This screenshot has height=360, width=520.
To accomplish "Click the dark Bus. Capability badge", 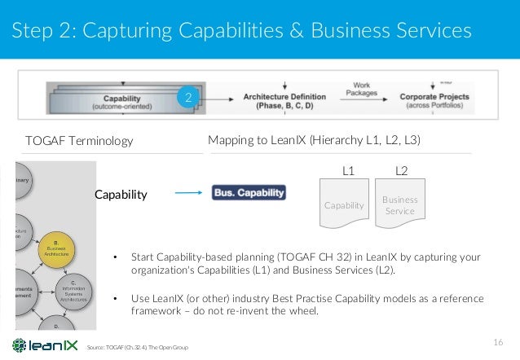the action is click(249, 194).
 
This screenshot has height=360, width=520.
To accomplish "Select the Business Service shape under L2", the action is click(399, 204).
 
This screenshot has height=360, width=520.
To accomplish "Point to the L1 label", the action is click(347, 173).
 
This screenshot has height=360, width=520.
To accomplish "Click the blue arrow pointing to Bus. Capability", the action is click(188, 194).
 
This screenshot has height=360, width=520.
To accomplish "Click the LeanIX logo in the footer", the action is click(42, 345).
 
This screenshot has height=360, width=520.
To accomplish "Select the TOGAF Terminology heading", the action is click(79, 141).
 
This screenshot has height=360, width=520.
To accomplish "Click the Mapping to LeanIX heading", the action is click(314, 140).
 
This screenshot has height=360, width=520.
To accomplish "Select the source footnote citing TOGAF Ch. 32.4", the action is click(137, 348).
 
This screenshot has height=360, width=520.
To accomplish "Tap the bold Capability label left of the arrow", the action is click(120, 195).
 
